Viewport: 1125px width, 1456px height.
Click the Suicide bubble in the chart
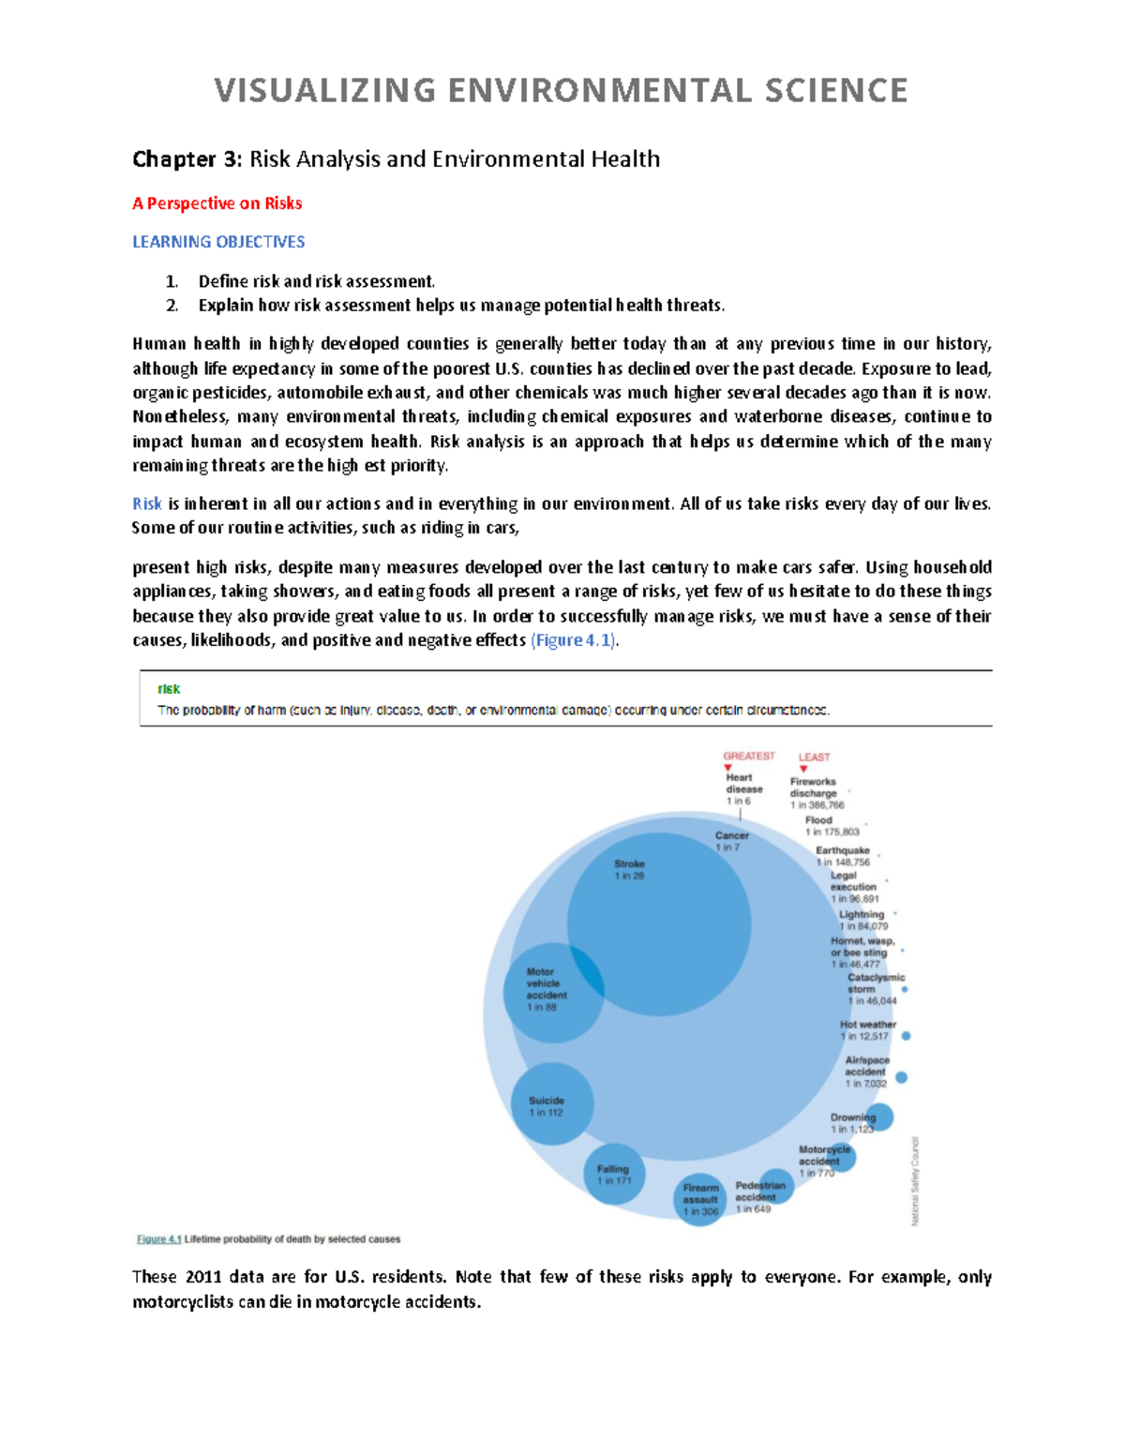pos(552,1103)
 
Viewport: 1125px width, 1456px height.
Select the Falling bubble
pos(614,1174)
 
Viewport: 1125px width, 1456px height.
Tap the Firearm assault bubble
pos(700,1199)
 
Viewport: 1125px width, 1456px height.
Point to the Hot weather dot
pos(906,1036)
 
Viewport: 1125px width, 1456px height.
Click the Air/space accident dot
pos(901,1077)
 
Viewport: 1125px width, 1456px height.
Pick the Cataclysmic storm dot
pos(904,989)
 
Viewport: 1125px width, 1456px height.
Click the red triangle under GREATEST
pos(728,768)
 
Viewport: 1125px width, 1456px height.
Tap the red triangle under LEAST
pos(803,769)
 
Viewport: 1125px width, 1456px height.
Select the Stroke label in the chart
pos(629,864)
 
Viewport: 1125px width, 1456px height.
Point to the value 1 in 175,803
pos(832,832)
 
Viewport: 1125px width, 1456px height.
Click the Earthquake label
pos(842,850)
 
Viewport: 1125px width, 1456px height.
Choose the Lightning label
pos(862,914)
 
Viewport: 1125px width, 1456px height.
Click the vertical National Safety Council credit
pos(915,1181)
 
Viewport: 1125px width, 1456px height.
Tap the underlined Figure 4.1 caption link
pos(158,1239)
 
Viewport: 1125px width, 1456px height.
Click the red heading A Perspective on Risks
pos(217,203)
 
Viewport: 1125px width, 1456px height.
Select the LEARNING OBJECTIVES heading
pos(218,242)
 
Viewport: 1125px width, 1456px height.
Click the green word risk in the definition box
pos(169,689)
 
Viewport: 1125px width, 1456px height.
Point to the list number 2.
pos(172,306)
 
